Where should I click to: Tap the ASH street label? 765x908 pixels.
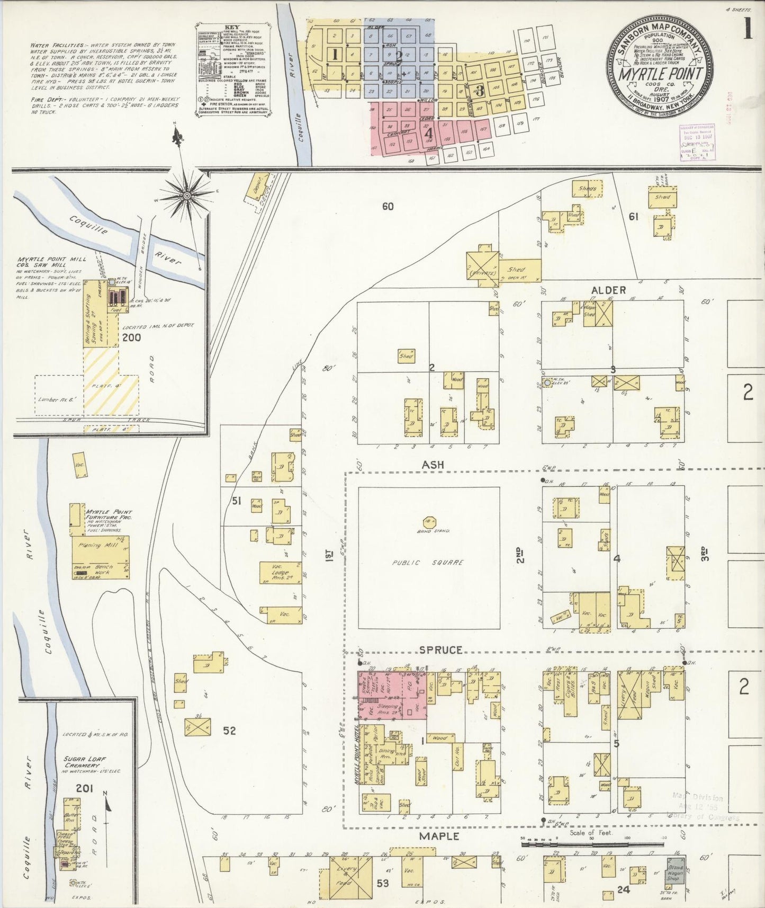(x=433, y=465)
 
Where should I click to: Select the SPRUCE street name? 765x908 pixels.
(x=442, y=649)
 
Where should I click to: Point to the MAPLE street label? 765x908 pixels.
(x=439, y=836)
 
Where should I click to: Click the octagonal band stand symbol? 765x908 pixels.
(x=429, y=522)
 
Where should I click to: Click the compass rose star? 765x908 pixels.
(x=186, y=196)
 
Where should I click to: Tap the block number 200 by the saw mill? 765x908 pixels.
(x=131, y=337)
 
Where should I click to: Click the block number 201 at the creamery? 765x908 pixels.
(x=84, y=789)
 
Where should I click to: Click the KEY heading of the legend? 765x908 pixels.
(x=232, y=26)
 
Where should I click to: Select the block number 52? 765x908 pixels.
(x=229, y=731)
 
